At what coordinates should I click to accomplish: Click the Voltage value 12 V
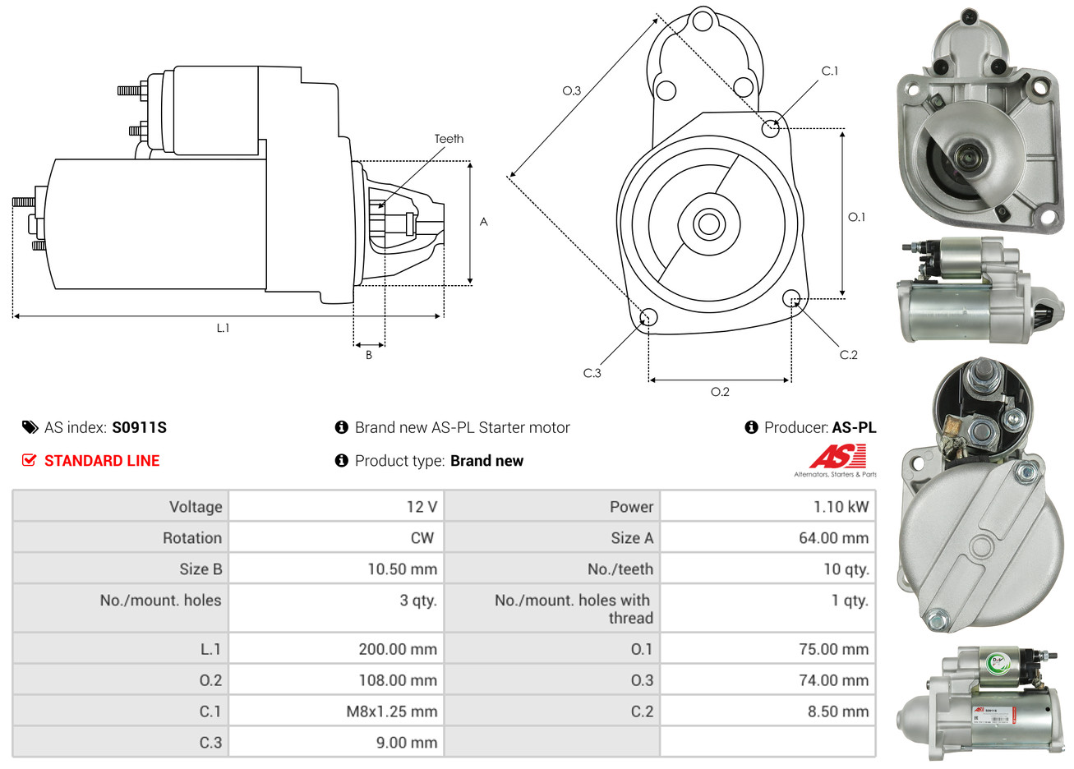(422, 507)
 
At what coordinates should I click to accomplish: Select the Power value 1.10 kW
(841, 507)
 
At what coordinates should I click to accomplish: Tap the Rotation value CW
(422, 538)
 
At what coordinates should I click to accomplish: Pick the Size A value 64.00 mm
(833, 538)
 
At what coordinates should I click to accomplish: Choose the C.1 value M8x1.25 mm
(391, 711)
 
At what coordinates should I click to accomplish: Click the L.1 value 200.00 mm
(398, 649)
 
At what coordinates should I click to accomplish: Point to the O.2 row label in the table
(210, 680)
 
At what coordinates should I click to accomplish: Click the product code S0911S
(139, 427)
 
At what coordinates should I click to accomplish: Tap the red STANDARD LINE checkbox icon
(30, 460)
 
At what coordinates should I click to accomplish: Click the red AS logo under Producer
(837, 457)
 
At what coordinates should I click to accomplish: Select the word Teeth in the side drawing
(449, 139)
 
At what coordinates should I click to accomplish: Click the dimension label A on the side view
(484, 222)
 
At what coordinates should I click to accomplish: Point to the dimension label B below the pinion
(369, 355)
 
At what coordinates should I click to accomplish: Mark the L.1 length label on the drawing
(223, 328)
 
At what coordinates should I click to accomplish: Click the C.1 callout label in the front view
(830, 71)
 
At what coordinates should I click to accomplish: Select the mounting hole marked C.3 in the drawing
(648, 317)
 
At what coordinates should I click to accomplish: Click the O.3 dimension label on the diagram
(571, 90)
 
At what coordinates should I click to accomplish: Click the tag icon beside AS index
(30, 427)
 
